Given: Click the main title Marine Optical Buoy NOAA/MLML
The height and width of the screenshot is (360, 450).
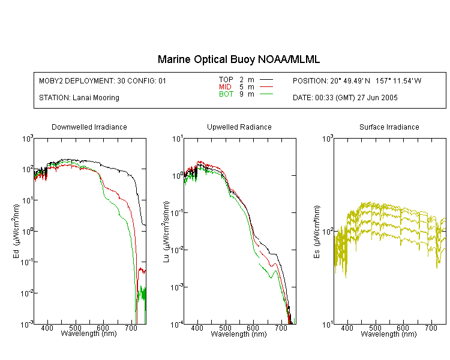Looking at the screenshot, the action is pos(238,59).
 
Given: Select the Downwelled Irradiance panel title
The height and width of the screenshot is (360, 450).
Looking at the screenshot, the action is pos(89,127).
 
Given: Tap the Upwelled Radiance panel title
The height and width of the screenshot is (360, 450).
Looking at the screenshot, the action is pos(239,127).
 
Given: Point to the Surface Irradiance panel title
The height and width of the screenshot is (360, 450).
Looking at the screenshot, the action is pos(389,127).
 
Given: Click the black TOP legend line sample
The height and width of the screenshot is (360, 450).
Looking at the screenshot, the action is pos(266,80).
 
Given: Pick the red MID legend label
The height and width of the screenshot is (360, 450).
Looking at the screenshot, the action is pos(225,86).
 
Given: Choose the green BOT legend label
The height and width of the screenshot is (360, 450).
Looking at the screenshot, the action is pos(226,94).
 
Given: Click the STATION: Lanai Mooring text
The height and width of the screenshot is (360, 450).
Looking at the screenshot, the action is pos(79,98).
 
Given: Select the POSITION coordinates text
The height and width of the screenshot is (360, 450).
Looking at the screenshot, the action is pos(357,81).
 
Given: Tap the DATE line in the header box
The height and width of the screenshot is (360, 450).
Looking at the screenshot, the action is pos(345,98).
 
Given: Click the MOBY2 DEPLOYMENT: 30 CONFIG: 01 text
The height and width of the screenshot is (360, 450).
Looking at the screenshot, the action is pos(103,81).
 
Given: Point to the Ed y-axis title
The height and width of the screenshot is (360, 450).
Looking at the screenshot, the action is pos(16,231).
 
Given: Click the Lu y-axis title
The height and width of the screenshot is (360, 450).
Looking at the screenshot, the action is pos(166,232).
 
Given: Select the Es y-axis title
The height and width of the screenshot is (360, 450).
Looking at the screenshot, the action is pos(317,232).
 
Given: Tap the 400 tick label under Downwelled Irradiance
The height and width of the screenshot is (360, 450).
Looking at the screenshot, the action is pos(47,328).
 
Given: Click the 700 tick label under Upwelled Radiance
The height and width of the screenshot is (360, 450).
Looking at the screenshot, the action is pos(281,328).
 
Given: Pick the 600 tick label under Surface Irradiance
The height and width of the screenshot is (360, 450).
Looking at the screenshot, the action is pos(403,328).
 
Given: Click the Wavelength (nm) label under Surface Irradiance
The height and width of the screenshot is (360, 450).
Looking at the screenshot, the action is pos(389,334).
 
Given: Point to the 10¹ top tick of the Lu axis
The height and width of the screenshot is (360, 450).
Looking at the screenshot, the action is pos(178,139).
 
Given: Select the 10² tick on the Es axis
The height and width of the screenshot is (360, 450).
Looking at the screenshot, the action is pos(328,232).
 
